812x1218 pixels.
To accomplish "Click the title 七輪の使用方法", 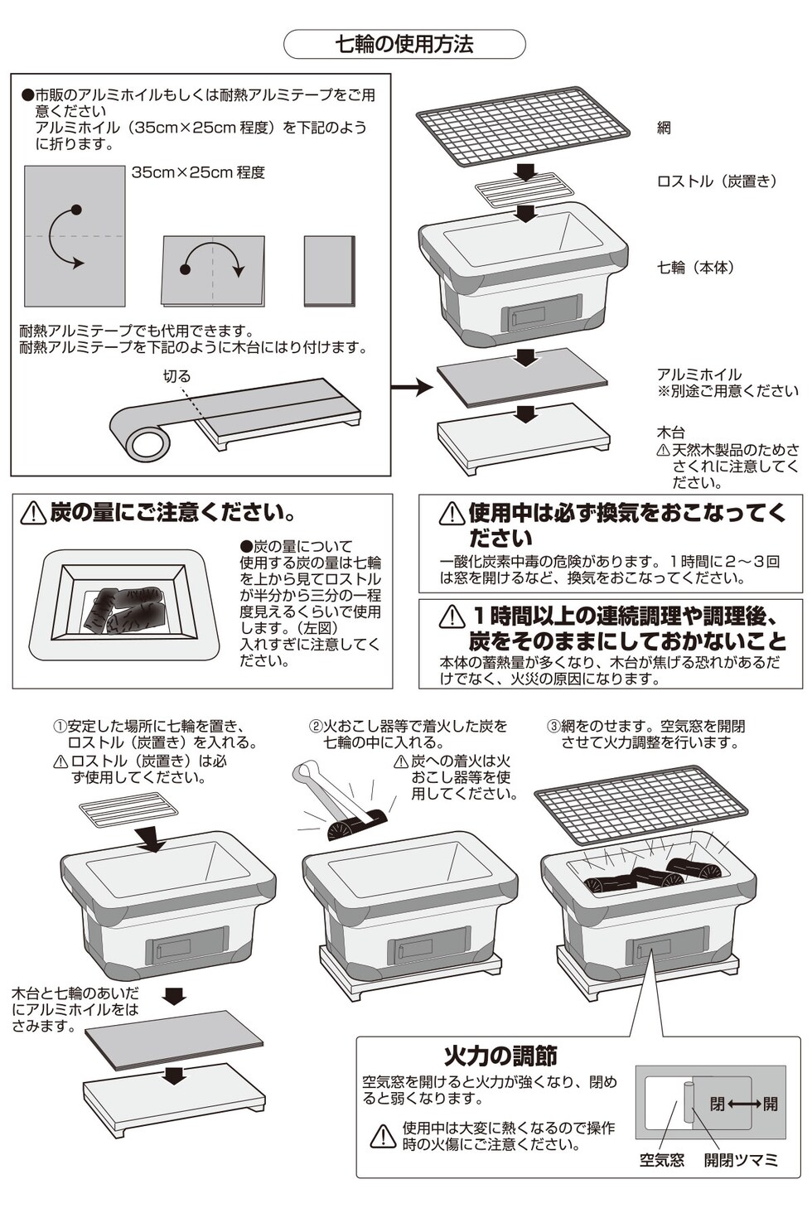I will pyautogui.click(x=404, y=45).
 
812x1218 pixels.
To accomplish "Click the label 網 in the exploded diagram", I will pyautogui.click(x=664, y=128).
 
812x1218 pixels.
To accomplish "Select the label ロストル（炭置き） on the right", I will pyautogui.click(x=718, y=181).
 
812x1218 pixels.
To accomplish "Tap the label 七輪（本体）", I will pyautogui.click(x=696, y=267).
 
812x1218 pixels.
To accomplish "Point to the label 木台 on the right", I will pyautogui.click(x=671, y=433).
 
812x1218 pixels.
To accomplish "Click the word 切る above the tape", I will pyautogui.click(x=176, y=376).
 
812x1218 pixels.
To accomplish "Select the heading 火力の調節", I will pyautogui.click(x=500, y=1056).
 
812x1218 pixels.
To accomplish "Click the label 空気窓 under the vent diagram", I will pyautogui.click(x=662, y=1160).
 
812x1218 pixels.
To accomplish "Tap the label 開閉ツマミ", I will pyautogui.click(x=742, y=1160).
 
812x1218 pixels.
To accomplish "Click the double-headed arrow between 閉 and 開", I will pyautogui.click(x=745, y=1104).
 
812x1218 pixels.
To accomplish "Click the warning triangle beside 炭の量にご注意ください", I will pyautogui.click(x=33, y=513).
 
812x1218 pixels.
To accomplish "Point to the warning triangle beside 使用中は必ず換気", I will pyautogui.click(x=452, y=514).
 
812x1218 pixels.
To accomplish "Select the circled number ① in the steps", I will pyautogui.click(x=60, y=727).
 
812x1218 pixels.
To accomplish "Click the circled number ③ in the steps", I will pyautogui.click(x=553, y=727).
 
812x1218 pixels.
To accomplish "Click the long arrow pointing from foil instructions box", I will pyautogui.click(x=412, y=386).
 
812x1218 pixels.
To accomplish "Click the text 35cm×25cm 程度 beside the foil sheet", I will pyautogui.click(x=198, y=172).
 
